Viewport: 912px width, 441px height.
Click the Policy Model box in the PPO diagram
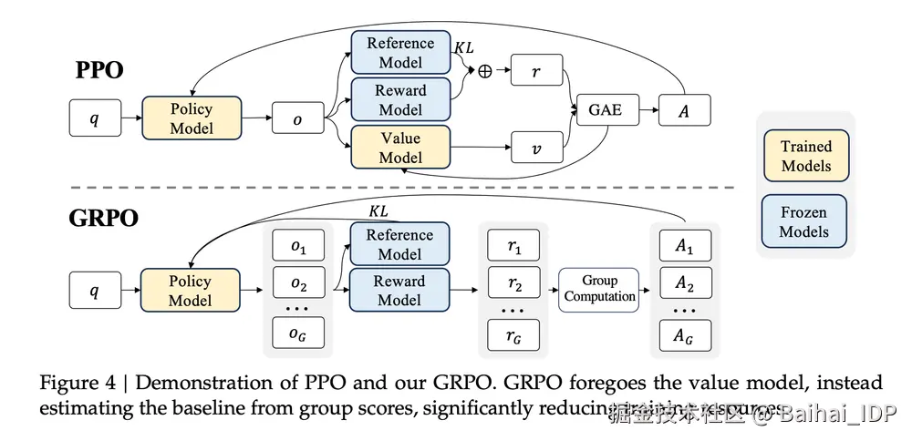192,118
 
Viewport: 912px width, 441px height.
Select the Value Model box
400,148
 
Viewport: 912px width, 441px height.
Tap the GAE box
605,109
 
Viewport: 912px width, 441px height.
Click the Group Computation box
599,289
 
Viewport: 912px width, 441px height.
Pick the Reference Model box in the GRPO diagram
399,244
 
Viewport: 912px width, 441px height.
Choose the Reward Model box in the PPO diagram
400,100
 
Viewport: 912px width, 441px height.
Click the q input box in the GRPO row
94,291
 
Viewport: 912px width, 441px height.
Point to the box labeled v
535,148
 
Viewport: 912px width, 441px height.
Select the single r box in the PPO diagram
535,71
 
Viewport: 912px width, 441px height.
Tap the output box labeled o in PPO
297,118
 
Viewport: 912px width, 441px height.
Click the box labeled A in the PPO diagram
684,109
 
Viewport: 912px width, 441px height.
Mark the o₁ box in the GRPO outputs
298,247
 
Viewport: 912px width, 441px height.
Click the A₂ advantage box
684,286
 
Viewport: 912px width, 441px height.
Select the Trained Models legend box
806,156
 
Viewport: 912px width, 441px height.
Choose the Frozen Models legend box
804,221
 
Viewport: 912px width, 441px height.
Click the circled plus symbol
484,71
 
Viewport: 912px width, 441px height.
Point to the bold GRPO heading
104,220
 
